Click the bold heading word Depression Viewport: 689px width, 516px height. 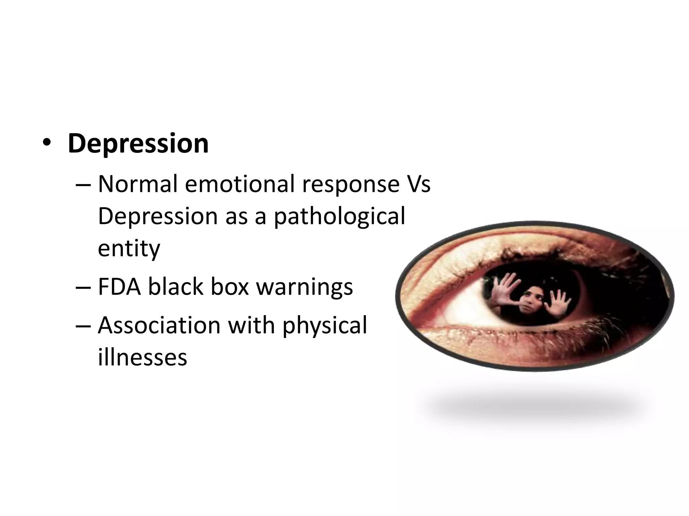(x=138, y=144)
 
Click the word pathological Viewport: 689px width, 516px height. (x=339, y=217)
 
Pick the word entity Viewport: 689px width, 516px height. (x=129, y=249)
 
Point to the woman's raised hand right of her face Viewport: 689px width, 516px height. (x=559, y=302)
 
